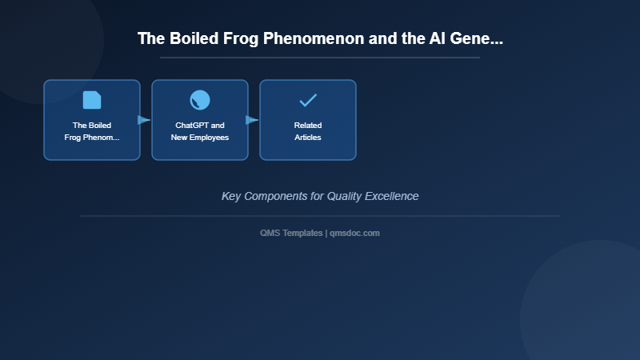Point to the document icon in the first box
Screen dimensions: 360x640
pyautogui.click(x=92, y=100)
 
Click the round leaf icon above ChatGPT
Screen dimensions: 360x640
pyautogui.click(x=200, y=100)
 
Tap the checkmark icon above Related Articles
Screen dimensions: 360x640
pyautogui.click(x=308, y=100)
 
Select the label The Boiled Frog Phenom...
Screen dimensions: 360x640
pyautogui.click(x=92, y=131)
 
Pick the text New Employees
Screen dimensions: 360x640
pyautogui.click(x=200, y=138)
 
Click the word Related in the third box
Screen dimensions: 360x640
pyautogui.click(x=308, y=126)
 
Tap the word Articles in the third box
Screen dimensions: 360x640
pyautogui.click(x=308, y=138)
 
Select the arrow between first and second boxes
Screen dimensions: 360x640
pyautogui.click(x=144, y=120)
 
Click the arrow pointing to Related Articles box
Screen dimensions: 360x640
pyautogui.click(x=252, y=120)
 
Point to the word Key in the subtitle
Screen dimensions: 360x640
pyautogui.click(x=231, y=196)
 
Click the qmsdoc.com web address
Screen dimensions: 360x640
pyautogui.click(x=354, y=233)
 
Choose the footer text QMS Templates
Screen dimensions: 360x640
pyautogui.click(x=292, y=233)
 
